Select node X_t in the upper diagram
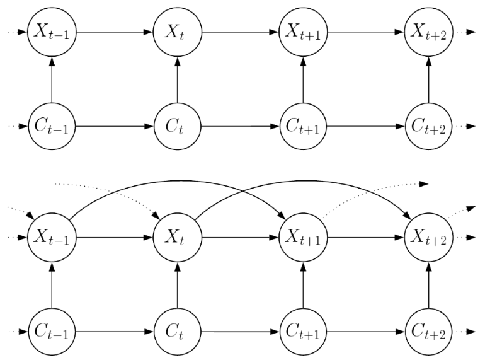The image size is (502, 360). tap(177, 32)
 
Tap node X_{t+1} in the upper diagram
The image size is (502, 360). tap(303, 32)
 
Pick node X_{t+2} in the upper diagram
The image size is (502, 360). tap(428, 32)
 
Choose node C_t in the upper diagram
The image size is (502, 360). tap(177, 125)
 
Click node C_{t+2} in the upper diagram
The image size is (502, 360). tap(428, 125)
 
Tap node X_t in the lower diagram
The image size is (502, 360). tap(177, 238)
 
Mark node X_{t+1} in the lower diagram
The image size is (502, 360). tap(303, 238)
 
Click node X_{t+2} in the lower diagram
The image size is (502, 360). tap(428, 238)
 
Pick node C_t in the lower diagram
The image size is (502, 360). tap(177, 332)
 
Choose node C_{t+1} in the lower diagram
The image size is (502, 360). tap(303, 332)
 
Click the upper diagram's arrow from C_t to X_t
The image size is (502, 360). tap(177, 79)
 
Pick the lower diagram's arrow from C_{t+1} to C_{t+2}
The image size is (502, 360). tap(365, 332)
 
